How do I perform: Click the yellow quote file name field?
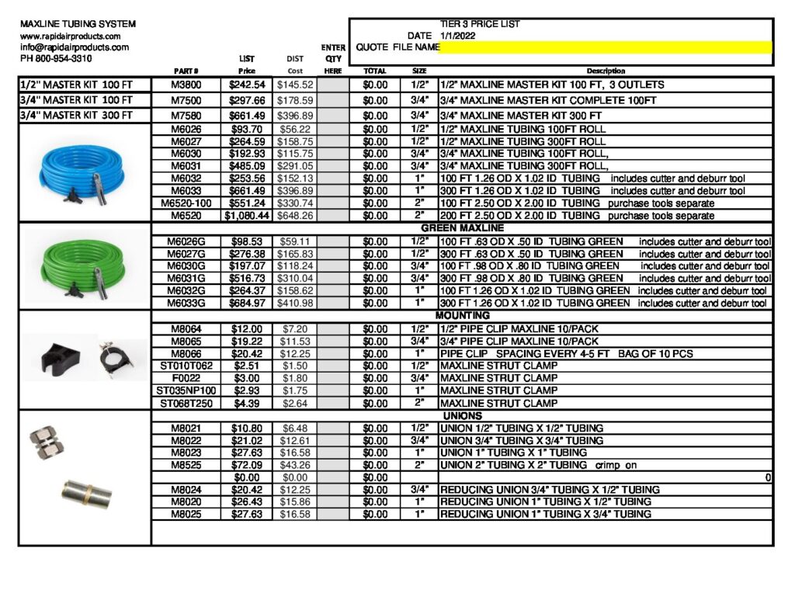tap(606, 47)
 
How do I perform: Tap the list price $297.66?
tap(247, 101)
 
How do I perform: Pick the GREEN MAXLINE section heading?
tap(462, 229)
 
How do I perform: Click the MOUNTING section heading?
tap(462, 316)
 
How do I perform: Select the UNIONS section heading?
tap(462, 416)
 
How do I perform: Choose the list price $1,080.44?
tap(247, 216)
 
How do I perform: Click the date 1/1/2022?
tap(457, 36)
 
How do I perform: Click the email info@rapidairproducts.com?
tap(75, 47)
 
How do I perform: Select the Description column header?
tap(606, 71)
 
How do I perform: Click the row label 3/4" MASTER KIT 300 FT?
tap(76, 116)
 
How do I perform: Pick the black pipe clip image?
tap(58, 355)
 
